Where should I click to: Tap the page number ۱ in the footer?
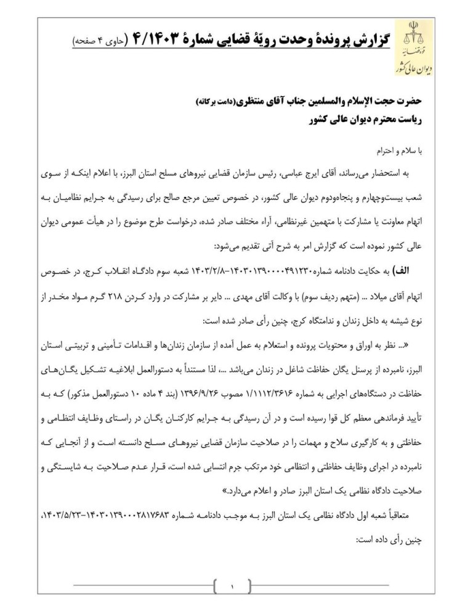pos(233,588)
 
